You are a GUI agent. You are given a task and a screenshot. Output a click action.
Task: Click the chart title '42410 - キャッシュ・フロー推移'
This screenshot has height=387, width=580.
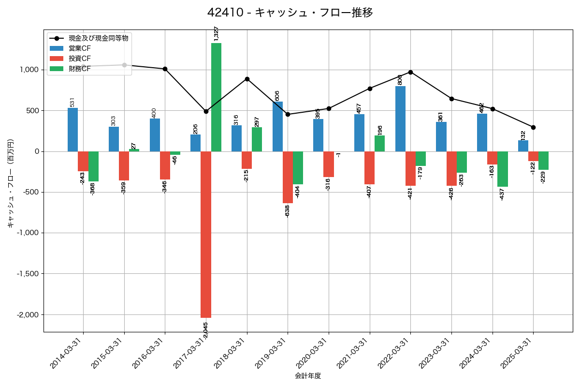point(290,13)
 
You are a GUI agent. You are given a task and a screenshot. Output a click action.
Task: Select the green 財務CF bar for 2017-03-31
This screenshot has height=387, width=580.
point(216,97)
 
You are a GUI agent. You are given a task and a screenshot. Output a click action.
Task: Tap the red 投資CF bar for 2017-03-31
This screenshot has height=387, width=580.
point(206,234)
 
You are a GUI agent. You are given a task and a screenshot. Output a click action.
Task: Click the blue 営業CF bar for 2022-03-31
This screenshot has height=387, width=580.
point(400,119)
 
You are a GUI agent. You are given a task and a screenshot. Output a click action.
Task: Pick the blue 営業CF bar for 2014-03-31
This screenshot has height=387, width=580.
point(72,130)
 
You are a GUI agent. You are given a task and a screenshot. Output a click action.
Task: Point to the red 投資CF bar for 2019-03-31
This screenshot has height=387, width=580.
point(288,177)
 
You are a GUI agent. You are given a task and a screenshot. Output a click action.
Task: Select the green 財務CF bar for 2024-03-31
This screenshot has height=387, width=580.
point(503,169)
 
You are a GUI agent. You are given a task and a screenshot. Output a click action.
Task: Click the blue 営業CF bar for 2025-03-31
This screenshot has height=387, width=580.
point(523,146)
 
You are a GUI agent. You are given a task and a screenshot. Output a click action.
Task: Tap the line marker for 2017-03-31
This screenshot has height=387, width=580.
point(206,111)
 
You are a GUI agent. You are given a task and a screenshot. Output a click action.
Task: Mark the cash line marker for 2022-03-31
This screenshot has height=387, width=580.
point(410,72)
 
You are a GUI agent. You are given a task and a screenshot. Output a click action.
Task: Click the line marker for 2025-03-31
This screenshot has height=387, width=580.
point(533,127)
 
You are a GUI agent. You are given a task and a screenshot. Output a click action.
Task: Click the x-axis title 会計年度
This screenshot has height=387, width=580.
point(308,376)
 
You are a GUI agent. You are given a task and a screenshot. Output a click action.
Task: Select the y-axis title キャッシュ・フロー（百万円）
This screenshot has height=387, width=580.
point(11,183)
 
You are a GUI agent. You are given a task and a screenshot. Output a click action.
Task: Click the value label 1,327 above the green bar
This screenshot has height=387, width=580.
point(216,33)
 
